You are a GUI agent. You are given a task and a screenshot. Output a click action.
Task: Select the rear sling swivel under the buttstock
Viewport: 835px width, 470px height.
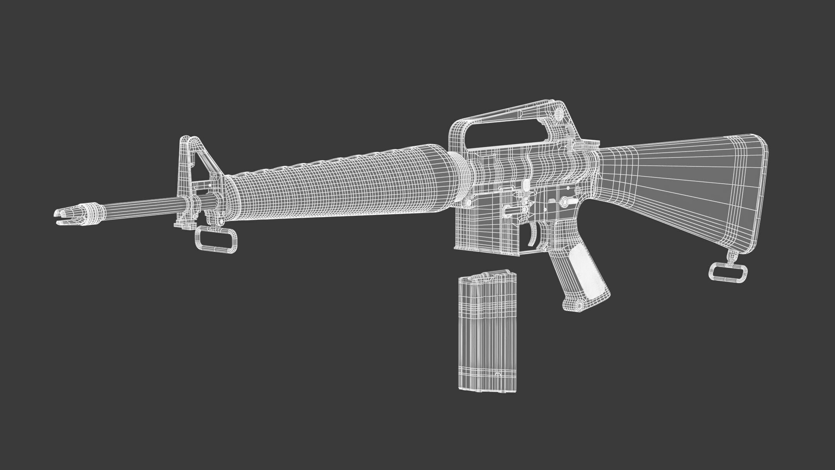pos(729,272)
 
